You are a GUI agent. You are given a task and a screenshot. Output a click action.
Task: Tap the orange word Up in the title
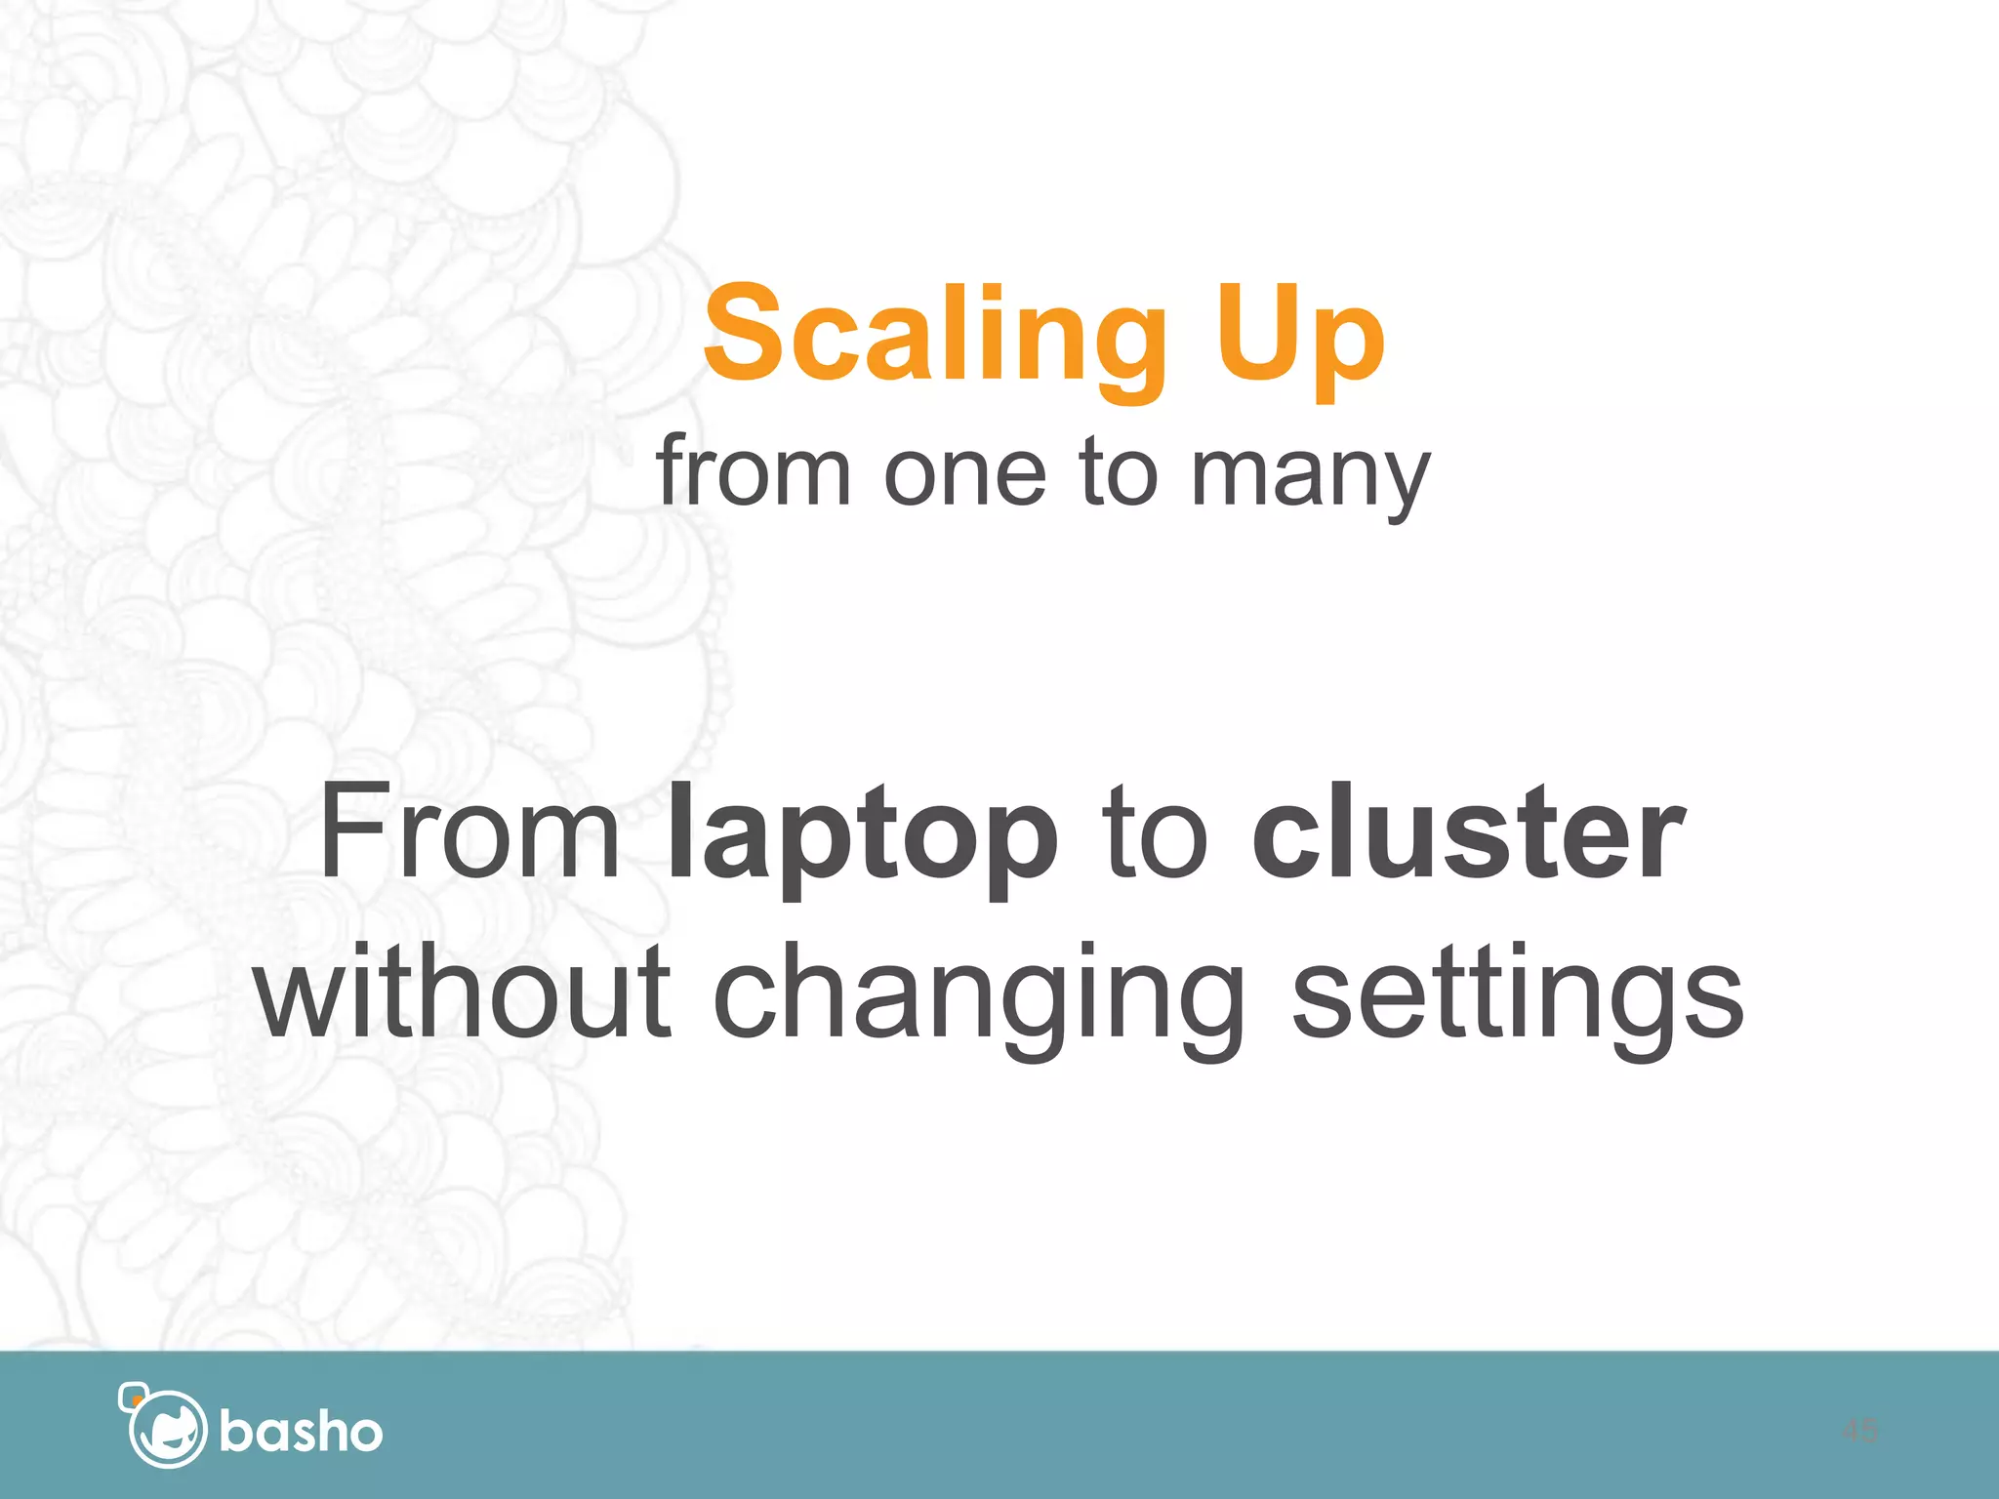coord(1298,335)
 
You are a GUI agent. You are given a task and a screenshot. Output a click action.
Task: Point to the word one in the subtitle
coord(965,474)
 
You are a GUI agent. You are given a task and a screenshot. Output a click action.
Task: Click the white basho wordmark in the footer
coord(301,1432)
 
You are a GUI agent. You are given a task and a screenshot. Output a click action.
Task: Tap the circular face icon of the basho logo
coord(168,1431)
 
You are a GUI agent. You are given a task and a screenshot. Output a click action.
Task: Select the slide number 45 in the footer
coord(1859,1431)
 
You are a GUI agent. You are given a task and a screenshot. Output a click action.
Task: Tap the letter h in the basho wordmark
coord(325,1431)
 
